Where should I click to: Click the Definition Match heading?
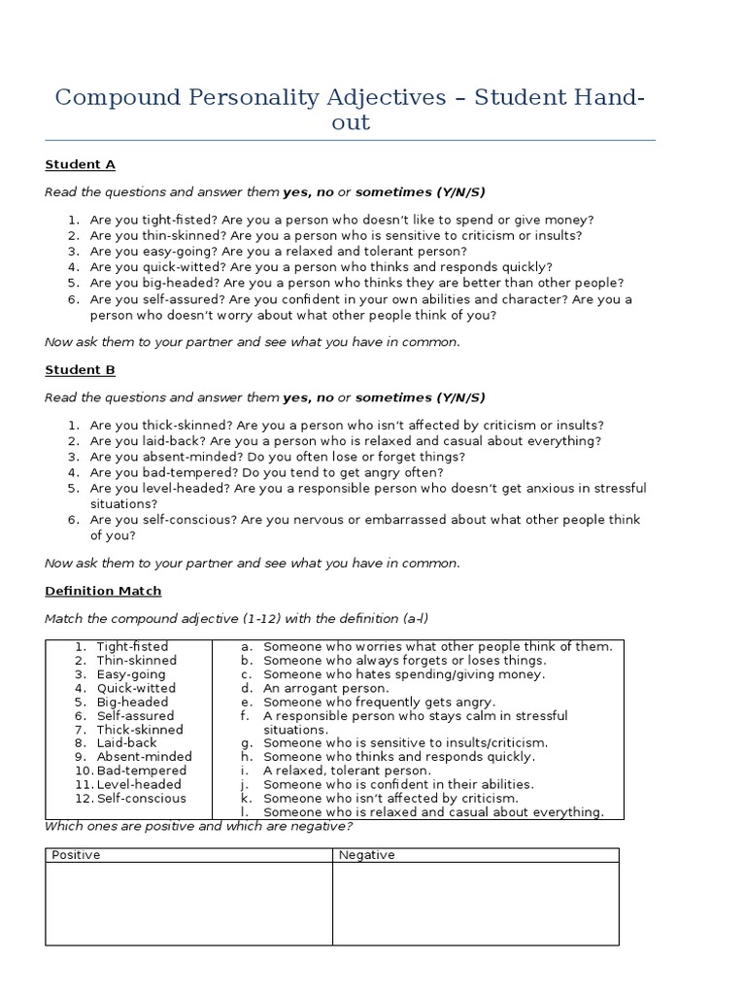pyautogui.click(x=103, y=591)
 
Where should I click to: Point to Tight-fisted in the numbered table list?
pyautogui.click(x=132, y=647)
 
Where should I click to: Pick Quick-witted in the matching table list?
pyautogui.click(x=137, y=688)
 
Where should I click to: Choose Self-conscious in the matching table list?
pyautogui.click(x=141, y=798)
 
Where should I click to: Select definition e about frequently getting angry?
pyautogui.click(x=379, y=702)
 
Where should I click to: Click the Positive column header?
pyautogui.click(x=76, y=855)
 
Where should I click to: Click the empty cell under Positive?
pyautogui.click(x=188, y=903)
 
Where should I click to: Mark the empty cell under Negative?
pyautogui.click(x=475, y=903)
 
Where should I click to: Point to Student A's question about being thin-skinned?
pyautogui.click(x=336, y=236)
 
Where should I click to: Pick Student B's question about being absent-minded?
pyautogui.click(x=277, y=457)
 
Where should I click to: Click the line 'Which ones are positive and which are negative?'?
pyautogui.click(x=198, y=827)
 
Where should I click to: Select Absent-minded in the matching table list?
pyautogui.click(x=144, y=757)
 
